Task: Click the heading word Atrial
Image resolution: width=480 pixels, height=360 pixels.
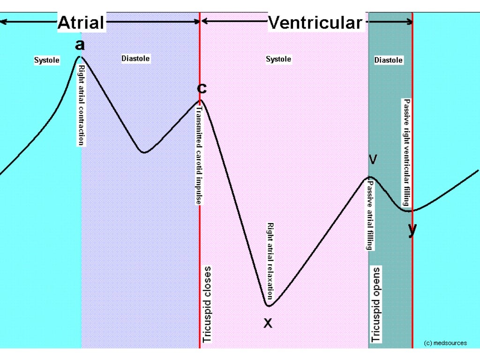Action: coord(82,22)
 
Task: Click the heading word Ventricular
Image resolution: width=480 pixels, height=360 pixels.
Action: coord(315,22)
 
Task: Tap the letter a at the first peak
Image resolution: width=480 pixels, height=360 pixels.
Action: coord(80,45)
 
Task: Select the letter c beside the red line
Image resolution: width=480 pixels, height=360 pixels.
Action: coord(202,88)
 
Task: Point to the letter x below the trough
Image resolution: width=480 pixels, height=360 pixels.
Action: coord(268,322)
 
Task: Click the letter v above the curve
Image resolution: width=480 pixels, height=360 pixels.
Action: coord(373,160)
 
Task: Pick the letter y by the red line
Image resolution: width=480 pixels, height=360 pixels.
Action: coord(412,230)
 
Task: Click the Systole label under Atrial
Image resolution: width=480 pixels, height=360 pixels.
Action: coord(47,60)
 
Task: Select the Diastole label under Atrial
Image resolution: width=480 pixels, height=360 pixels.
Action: coord(135,59)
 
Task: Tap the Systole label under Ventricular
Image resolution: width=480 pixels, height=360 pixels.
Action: coord(278,59)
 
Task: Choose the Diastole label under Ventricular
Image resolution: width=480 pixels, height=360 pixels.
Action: coord(389,60)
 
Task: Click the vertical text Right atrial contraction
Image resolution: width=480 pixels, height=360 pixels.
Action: coord(81,105)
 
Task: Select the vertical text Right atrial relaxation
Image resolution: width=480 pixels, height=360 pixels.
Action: coord(270,261)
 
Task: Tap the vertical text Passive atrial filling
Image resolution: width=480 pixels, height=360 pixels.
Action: coord(370,213)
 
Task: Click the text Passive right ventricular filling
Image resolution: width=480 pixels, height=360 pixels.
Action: coord(407,152)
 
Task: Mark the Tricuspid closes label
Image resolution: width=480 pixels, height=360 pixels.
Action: coord(207,305)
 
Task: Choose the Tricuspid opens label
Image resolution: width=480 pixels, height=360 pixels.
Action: coord(376,305)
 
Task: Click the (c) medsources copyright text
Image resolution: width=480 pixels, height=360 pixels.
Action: coord(445,343)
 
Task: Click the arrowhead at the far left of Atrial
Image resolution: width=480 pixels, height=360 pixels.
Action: coord(3,22)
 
